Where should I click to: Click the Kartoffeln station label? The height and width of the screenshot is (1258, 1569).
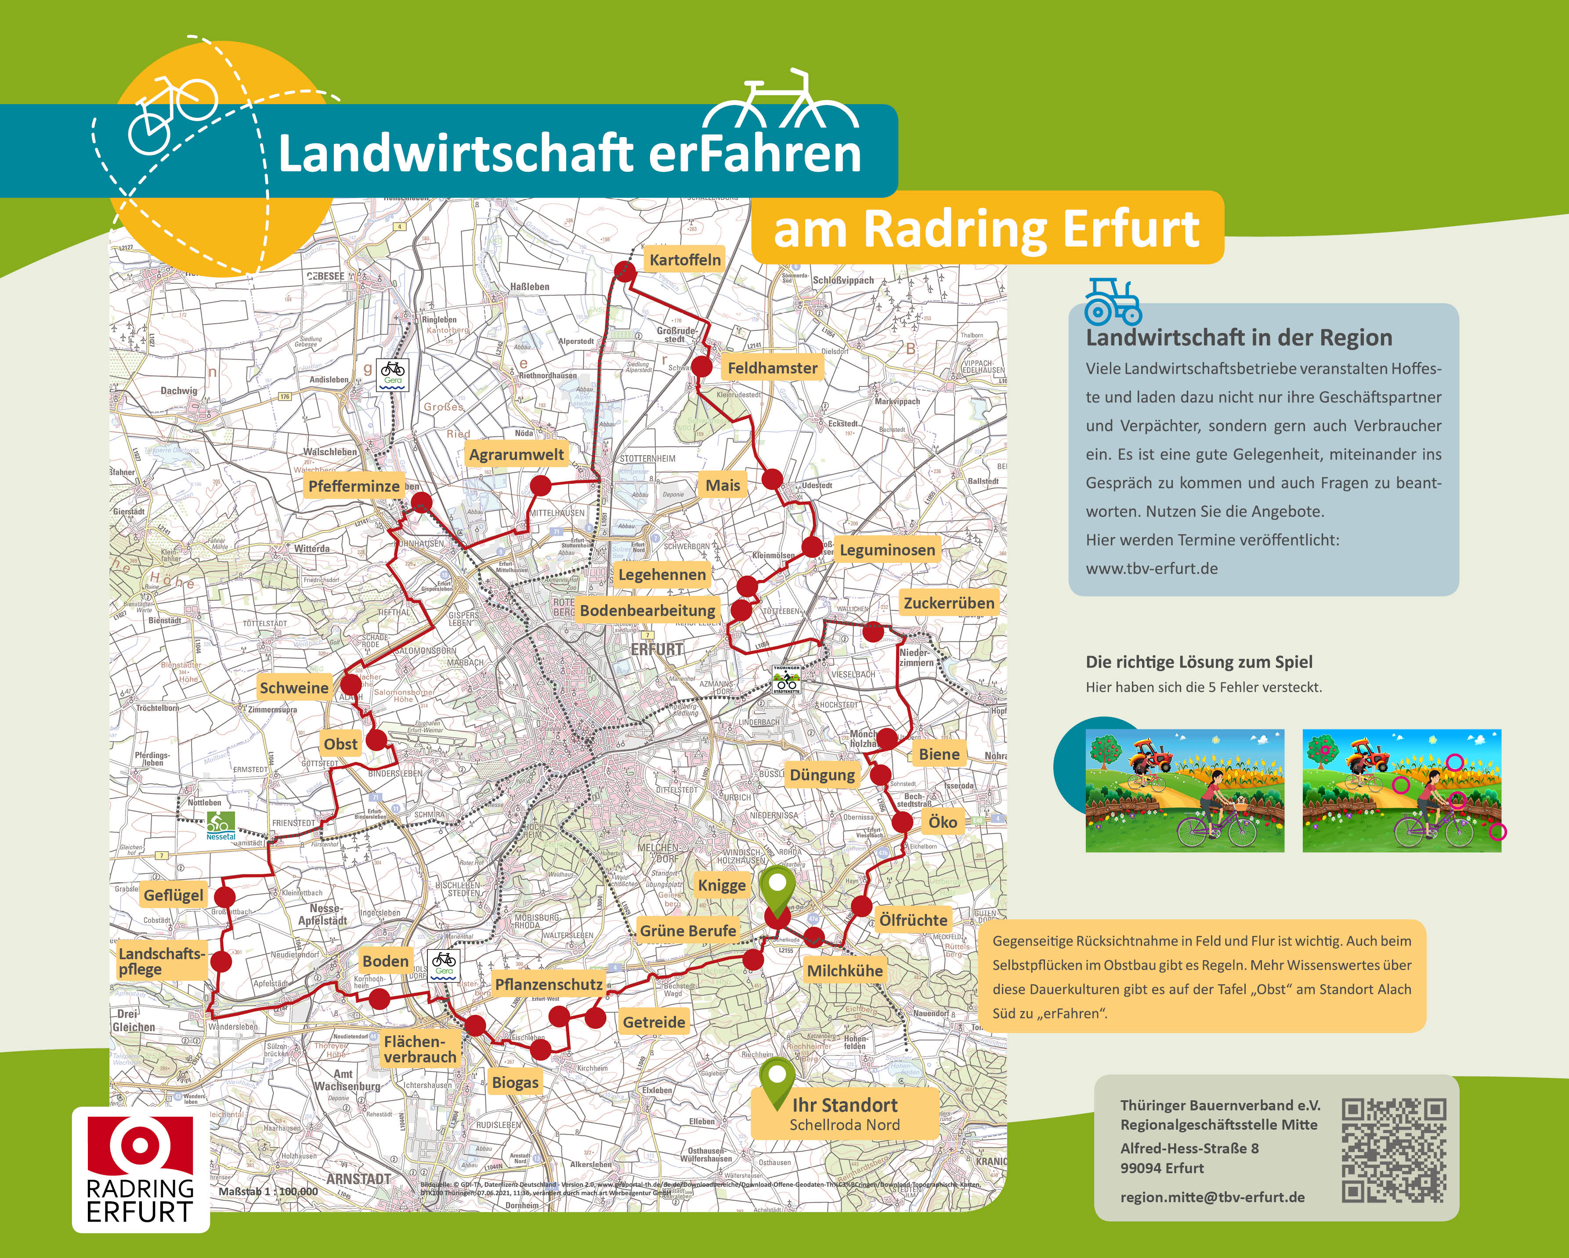pyautogui.click(x=685, y=260)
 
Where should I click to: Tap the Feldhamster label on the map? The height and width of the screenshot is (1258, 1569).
pyautogui.click(x=772, y=368)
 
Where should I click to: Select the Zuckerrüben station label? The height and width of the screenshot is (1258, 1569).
pyautogui.click(x=948, y=603)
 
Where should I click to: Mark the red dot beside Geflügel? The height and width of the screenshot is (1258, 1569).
pyautogui.click(x=226, y=896)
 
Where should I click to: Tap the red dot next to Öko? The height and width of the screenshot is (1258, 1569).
pyautogui.click(x=902, y=823)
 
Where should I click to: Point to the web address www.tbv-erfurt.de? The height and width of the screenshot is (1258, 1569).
pyautogui.click(x=1151, y=569)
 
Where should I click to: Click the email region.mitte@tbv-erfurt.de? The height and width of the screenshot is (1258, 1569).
pyautogui.click(x=1212, y=1197)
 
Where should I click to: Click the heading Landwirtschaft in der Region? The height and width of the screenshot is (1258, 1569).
pyautogui.click(x=1239, y=338)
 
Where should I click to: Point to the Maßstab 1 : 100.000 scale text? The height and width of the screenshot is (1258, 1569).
pyautogui.click(x=268, y=1192)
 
